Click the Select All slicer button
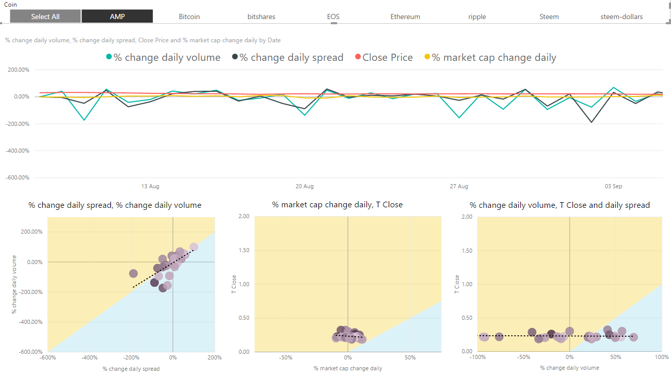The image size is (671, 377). (x=45, y=17)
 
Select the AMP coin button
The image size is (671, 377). (x=117, y=17)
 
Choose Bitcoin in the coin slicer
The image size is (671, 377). (x=189, y=17)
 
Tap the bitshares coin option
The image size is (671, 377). (x=261, y=17)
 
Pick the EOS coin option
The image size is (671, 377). (x=333, y=17)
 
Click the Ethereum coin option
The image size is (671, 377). (x=405, y=17)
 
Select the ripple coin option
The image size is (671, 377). (x=477, y=17)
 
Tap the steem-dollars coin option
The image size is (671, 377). (x=621, y=17)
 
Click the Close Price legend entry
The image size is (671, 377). (x=387, y=58)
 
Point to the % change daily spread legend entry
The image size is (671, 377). (x=291, y=58)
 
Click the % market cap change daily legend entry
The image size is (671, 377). (x=494, y=58)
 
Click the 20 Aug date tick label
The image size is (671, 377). (x=305, y=186)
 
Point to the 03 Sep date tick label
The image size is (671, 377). (x=614, y=186)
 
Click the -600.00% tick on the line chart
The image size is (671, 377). (x=18, y=177)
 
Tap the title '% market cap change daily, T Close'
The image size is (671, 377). (x=337, y=205)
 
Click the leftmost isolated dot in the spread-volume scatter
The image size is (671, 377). (x=133, y=273)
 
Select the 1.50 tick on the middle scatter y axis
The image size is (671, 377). (x=243, y=250)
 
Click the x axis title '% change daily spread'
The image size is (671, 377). (x=131, y=369)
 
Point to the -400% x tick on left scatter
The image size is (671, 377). (x=89, y=357)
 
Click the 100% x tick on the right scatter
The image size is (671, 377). (x=661, y=357)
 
